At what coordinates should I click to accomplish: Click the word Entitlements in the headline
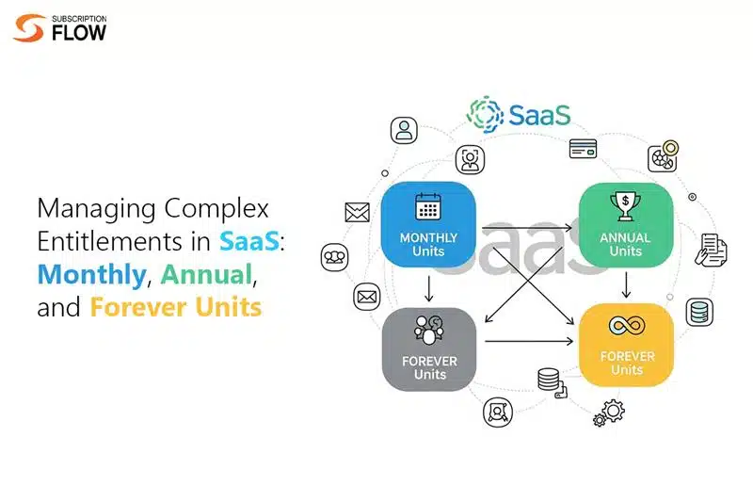pyautogui.click(x=109, y=242)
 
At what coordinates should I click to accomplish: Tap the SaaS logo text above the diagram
pyautogui.click(x=537, y=115)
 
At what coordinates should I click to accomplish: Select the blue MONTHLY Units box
pyautogui.click(x=429, y=227)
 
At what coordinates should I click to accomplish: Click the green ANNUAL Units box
pyautogui.click(x=625, y=227)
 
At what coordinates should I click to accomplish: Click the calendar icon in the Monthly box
pyautogui.click(x=429, y=207)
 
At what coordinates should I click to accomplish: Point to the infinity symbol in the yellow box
pyautogui.click(x=625, y=326)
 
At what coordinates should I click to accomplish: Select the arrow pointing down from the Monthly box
pyautogui.click(x=429, y=287)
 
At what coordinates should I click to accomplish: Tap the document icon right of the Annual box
pyautogui.click(x=712, y=249)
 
